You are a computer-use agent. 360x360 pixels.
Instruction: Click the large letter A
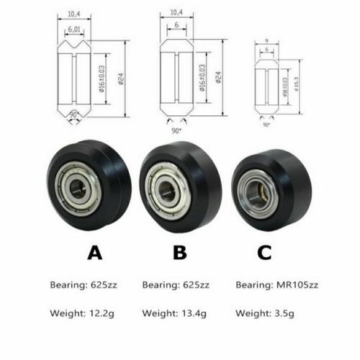[95, 252]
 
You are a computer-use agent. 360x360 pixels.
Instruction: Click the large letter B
[180, 252]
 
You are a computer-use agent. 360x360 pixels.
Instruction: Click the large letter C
[264, 252]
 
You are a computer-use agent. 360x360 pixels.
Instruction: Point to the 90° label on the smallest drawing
[267, 125]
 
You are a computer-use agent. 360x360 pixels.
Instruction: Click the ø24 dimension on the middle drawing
[217, 78]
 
